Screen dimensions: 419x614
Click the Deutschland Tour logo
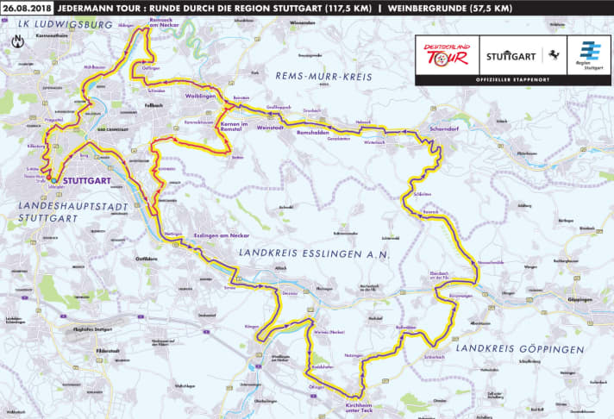click(x=445, y=53)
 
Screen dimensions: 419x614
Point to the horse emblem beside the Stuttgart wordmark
click(x=548, y=53)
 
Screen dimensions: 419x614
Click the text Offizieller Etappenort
click(x=513, y=80)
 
